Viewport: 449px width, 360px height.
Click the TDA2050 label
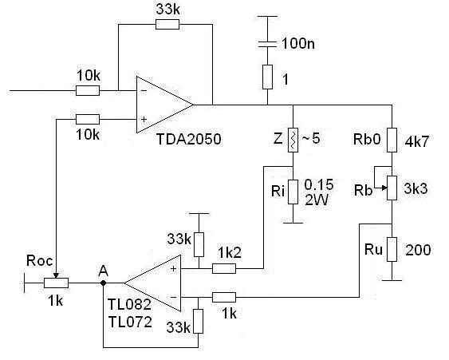tap(189, 140)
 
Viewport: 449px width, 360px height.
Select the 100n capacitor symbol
tap(267, 44)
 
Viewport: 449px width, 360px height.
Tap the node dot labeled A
tap(104, 283)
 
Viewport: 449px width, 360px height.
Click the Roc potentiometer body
tap(56, 283)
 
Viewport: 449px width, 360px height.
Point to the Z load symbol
tap(293, 140)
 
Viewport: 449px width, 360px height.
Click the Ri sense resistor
tap(293, 192)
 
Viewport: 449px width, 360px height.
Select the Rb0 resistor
tap(392, 140)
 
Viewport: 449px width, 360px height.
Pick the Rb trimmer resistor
tap(392, 188)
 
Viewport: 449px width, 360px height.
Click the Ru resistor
tap(392, 249)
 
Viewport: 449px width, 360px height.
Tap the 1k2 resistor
tap(224, 268)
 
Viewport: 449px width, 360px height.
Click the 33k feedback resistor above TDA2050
tap(167, 25)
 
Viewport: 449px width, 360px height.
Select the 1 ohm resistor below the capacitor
tap(267, 77)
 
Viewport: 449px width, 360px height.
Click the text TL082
tap(129, 304)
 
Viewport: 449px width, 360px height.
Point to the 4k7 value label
tap(417, 141)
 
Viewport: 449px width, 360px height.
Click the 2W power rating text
tap(316, 200)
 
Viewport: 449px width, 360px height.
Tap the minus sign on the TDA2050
tap(144, 91)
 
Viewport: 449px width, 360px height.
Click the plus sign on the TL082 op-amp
tap(173, 268)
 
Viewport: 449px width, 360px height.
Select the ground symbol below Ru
tap(392, 280)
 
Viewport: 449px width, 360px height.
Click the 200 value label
tap(418, 250)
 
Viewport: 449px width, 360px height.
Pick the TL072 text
tap(130, 322)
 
